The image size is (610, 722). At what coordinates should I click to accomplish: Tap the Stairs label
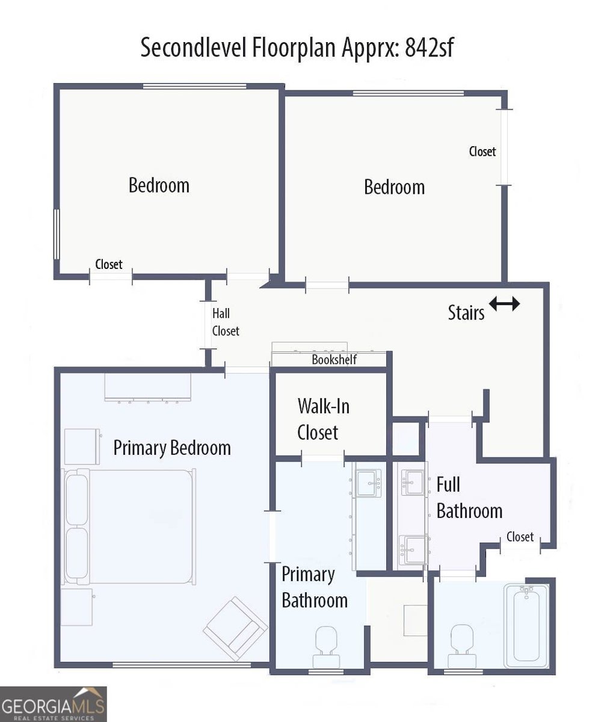coord(466,313)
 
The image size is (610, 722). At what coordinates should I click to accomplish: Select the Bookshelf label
coord(334,360)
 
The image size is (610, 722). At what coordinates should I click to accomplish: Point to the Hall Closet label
coord(225,322)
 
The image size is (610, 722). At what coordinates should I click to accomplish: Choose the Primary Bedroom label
coord(172,448)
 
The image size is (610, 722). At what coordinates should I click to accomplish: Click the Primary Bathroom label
coord(314,587)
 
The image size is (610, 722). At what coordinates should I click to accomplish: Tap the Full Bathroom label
coord(469,498)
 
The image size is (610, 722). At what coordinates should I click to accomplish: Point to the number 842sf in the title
coord(430,48)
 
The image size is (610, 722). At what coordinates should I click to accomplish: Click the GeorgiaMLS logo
coord(54,704)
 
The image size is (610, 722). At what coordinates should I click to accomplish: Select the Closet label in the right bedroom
coord(482,152)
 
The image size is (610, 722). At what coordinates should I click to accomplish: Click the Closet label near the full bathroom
coord(520,537)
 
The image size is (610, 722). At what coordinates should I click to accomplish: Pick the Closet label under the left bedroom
coord(109,264)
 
